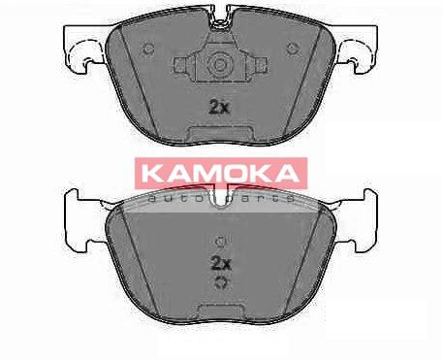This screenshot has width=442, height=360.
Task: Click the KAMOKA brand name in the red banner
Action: tap(220, 173)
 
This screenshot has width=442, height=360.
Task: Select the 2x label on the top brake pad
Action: tap(219, 107)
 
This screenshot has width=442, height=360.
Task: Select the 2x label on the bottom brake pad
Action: tap(221, 264)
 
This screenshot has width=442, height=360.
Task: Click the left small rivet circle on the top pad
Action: tap(148, 49)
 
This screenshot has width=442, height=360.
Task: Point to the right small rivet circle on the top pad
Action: tap(293, 49)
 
